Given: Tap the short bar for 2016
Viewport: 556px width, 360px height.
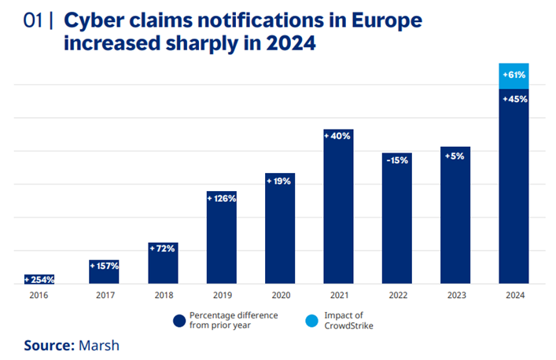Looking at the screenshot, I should click(x=39, y=279).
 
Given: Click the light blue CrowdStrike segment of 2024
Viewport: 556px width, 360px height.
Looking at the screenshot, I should click(x=514, y=75).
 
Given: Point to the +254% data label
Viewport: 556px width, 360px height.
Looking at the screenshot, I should click(x=39, y=279).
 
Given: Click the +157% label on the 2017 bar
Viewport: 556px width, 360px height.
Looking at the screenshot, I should click(x=104, y=266).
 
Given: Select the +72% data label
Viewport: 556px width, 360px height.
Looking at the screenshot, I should click(x=163, y=248).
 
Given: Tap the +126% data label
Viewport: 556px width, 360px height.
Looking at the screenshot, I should click(x=221, y=198).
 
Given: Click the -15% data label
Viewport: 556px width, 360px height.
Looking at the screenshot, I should click(x=397, y=160).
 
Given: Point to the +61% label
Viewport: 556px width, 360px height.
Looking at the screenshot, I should click(x=514, y=75).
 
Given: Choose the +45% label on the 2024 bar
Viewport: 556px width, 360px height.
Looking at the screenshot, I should click(x=514, y=98).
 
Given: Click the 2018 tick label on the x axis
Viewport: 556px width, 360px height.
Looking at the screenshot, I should click(x=163, y=296).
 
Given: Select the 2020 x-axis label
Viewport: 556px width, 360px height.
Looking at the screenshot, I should click(x=280, y=296).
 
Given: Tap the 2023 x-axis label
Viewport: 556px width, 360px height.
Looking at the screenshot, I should click(x=455, y=296).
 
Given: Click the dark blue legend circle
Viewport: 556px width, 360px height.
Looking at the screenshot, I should click(x=179, y=319).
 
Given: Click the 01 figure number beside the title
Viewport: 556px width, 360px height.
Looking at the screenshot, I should click(x=34, y=18).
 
